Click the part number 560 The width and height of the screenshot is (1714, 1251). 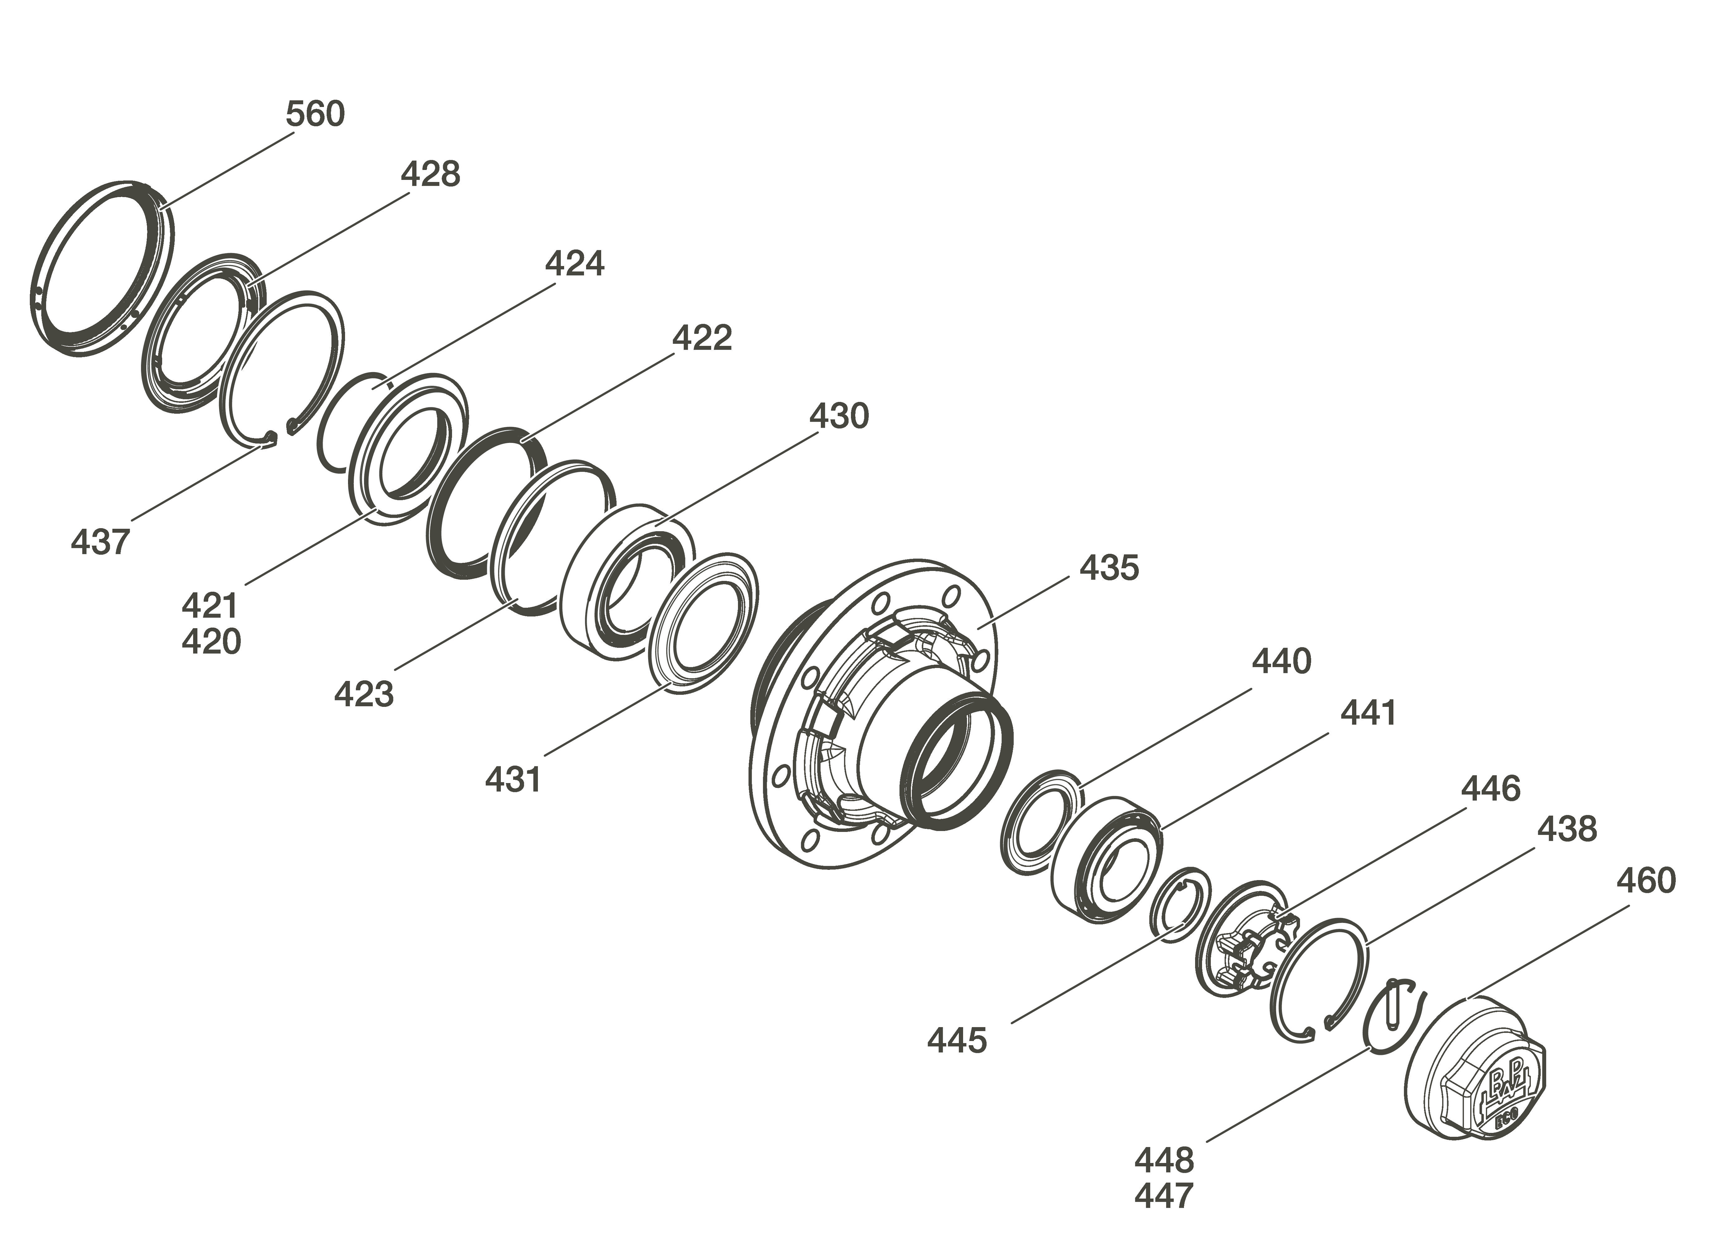pyautogui.click(x=315, y=114)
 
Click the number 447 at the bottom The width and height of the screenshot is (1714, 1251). pyautogui.click(x=1164, y=1196)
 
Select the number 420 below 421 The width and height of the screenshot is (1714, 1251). pyautogui.click(x=211, y=641)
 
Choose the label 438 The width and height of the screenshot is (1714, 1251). pyautogui.click(x=1566, y=829)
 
